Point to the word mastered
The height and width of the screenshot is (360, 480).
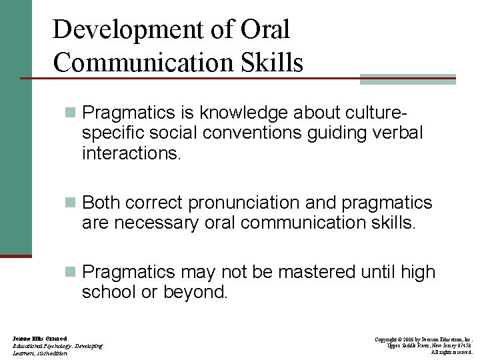click(x=317, y=272)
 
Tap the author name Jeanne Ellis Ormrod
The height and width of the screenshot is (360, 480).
click(x=39, y=339)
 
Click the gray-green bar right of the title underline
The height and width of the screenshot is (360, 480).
click(x=407, y=79)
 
